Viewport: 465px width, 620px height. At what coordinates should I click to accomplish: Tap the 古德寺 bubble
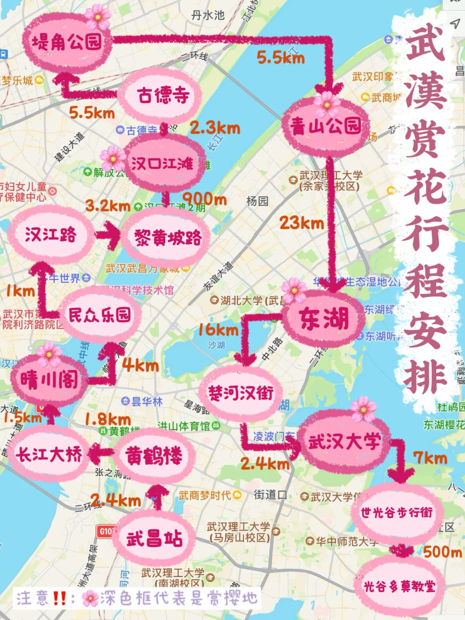(x=163, y=96)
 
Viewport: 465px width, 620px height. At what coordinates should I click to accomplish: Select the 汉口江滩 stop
(x=163, y=164)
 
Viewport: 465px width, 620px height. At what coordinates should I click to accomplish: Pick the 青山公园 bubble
(x=326, y=126)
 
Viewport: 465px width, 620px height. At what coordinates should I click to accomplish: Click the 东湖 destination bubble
(x=324, y=319)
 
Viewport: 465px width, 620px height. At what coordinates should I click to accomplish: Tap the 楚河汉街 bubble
(x=241, y=393)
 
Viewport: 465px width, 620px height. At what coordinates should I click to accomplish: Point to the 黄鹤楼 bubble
(x=154, y=455)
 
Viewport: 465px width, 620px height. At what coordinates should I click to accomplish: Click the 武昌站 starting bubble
(x=154, y=538)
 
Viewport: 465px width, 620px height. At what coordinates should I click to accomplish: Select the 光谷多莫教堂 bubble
(x=399, y=586)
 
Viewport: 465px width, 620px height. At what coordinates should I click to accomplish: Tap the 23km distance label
(x=301, y=223)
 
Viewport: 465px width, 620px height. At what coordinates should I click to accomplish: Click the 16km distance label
(x=218, y=330)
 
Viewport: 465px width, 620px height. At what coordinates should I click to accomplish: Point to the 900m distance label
(x=205, y=199)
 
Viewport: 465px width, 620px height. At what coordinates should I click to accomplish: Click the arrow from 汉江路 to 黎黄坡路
(x=108, y=235)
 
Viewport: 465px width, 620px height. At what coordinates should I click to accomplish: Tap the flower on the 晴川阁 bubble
(x=49, y=354)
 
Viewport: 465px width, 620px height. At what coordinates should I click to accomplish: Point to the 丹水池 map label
(x=208, y=15)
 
